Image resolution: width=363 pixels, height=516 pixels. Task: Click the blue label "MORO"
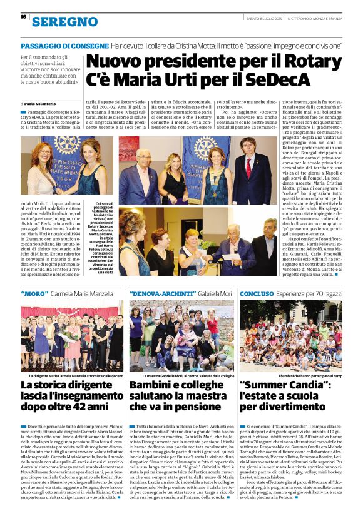[36, 293]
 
